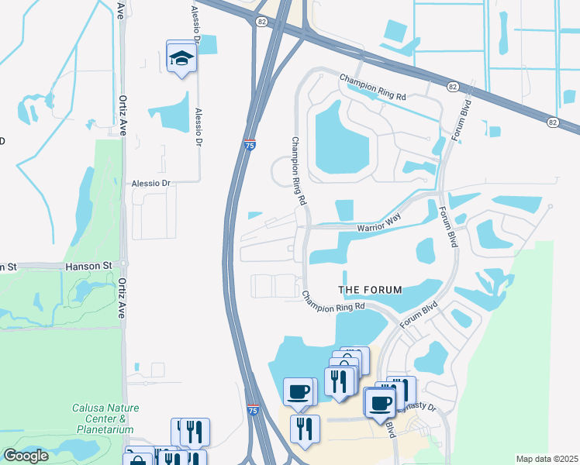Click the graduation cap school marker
point(181,58)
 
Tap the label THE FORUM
point(371,290)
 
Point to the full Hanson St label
point(89,266)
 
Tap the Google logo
point(26,456)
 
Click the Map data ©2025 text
point(546,459)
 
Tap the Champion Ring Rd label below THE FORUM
point(333,302)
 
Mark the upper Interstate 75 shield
point(249,144)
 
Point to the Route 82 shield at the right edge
point(552,122)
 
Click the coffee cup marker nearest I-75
point(298,391)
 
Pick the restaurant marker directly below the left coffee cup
point(304,429)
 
